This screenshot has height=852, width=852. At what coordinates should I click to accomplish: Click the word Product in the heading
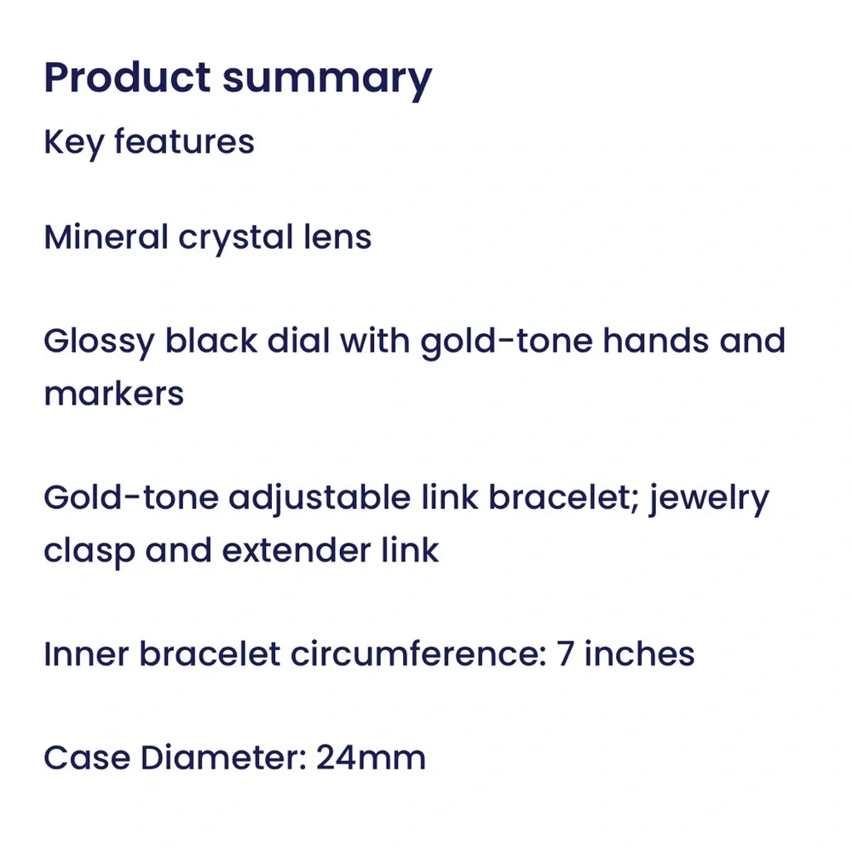click(127, 78)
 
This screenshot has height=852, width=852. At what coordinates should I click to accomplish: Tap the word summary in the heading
click(327, 82)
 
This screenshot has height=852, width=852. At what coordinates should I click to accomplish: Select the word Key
click(73, 143)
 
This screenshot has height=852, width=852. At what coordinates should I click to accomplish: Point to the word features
click(184, 141)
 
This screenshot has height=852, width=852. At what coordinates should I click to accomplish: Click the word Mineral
click(106, 237)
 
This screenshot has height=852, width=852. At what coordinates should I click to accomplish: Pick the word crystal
click(236, 239)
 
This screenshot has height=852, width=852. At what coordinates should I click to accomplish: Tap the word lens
click(337, 237)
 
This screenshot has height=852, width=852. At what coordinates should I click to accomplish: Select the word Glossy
click(99, 343)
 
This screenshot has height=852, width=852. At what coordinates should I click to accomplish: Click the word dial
click(298, 341)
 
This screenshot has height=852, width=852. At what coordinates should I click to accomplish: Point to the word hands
click(656, 341)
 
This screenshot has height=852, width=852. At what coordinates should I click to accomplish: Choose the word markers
click(114, 393)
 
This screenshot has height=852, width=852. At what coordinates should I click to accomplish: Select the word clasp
click(89, 552)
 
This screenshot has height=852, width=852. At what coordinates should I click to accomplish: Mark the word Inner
click(86, 653)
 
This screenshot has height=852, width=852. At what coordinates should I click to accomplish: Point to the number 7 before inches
click(565, 653)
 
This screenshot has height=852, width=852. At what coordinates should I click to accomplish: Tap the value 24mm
click(371, 758)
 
